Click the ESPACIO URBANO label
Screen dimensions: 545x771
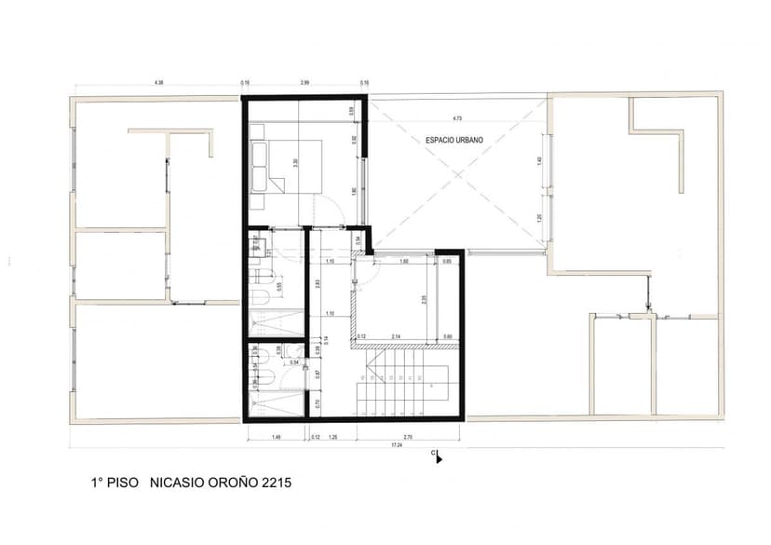[454, 140]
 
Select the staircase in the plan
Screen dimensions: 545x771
[406, 382]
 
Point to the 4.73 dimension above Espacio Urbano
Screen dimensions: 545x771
[456, 118]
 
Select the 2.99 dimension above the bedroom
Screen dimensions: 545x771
[304, 84]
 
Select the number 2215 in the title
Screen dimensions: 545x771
[277, 484]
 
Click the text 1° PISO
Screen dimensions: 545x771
[115, 484]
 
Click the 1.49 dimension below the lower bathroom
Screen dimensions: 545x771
[276, 436]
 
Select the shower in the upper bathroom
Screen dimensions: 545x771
[276, 322]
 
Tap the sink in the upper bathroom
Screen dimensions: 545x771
[258, 246]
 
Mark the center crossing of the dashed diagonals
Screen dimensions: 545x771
[456, 174]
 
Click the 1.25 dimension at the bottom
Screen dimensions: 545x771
[332, 436]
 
